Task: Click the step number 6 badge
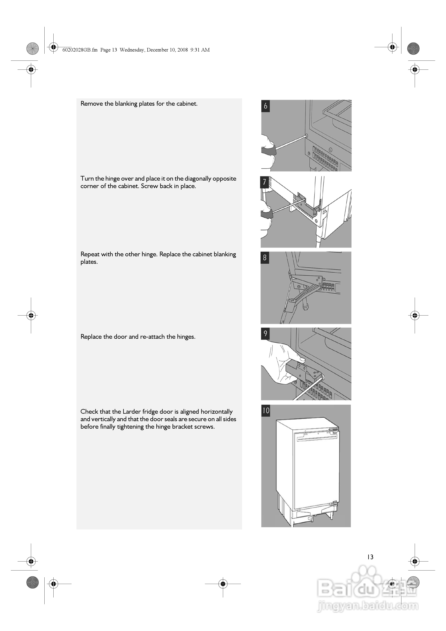tap(265, 106)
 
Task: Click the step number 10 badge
tap(266, 411)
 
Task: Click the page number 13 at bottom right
tap(370, 557)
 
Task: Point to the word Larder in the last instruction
tap(131, 412)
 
